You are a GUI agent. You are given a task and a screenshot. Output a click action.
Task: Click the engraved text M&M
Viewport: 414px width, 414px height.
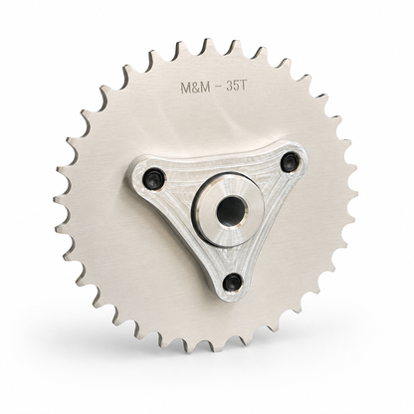[x=194, y=88]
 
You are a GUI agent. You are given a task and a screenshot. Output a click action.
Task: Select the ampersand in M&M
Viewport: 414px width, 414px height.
[x=194, y=88]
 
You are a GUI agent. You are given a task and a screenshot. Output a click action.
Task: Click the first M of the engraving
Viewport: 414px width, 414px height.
[x=185, y=88]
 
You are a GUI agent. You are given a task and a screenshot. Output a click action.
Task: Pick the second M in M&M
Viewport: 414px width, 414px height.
[x=203, y=87]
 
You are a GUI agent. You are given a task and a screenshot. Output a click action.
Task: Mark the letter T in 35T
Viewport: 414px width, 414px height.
[x=243, y=86]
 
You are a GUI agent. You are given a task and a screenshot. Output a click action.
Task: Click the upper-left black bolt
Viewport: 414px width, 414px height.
[x=152, y=177]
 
